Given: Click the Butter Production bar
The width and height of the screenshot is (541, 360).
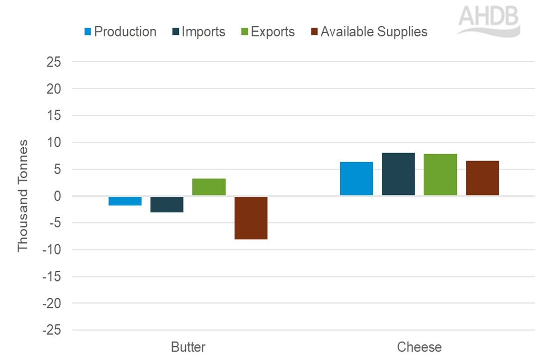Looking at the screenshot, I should click(x=125, y=201).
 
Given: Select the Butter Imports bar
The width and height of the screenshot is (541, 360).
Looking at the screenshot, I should click(x=167, y=204).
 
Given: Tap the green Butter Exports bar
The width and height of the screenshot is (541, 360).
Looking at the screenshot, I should click(x=209, y=187).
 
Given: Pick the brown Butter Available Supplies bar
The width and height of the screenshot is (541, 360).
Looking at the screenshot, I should click(x=251, y=218).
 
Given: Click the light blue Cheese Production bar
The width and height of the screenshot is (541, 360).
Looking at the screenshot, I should click(x=356, y=179).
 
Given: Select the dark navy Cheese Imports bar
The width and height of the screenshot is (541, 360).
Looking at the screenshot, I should click(x=398, y=174).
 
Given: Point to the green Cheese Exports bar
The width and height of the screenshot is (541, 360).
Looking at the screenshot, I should click(x=440, y=175).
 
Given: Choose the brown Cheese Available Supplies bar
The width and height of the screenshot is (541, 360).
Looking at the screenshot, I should click(x=482, y=178).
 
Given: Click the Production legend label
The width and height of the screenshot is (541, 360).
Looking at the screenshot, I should click(x=125, y=32).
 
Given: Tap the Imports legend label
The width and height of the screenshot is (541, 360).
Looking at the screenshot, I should click(x=203, y=32).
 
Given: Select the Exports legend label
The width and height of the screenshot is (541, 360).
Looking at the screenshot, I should click(x=272, y=32).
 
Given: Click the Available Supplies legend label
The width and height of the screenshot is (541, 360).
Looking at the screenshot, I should click(x=373, y=32).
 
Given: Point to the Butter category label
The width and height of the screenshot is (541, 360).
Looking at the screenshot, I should click(x=187, y=347).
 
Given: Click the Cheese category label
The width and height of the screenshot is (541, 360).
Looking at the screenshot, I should click(x=419, y=347).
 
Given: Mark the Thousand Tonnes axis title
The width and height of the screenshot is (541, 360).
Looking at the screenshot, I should click(x=23, y=195).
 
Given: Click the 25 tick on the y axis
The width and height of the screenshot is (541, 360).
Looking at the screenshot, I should click(x=53, y=62).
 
